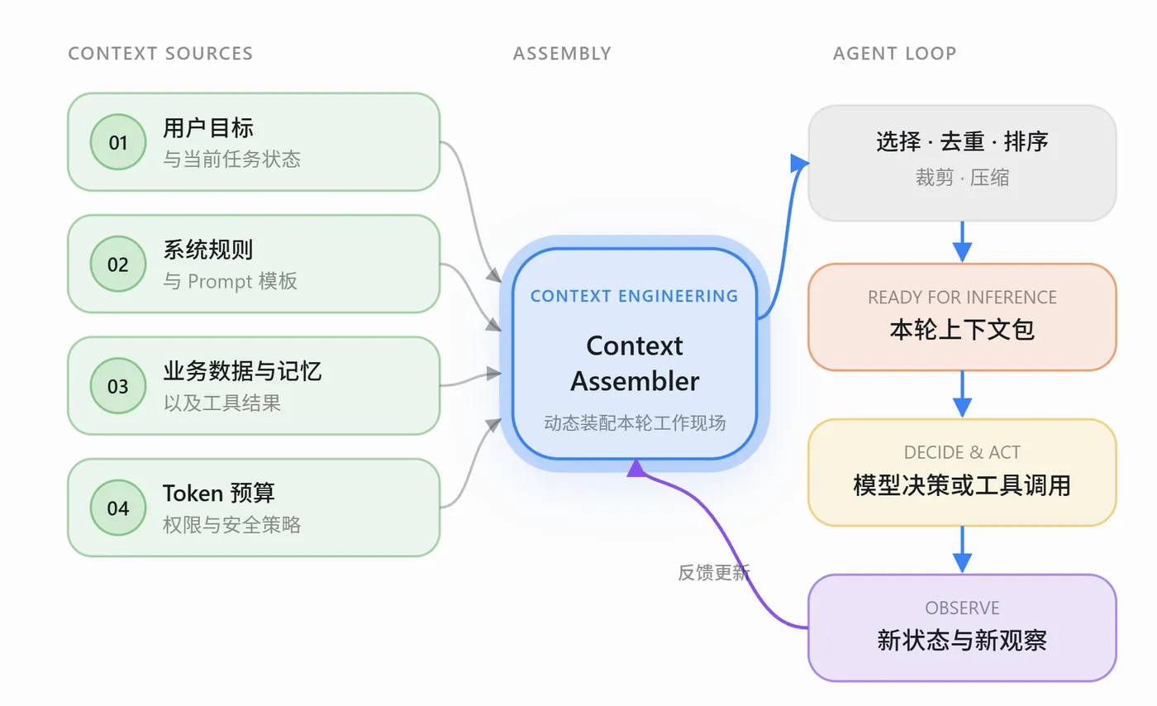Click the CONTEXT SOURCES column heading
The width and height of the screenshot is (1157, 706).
tap(160, 53)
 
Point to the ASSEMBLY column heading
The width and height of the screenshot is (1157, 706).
tap(562, 53)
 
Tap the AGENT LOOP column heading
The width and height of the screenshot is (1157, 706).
tap(894, 53)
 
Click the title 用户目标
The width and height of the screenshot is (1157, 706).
tap(208, 127)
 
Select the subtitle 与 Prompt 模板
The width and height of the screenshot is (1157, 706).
tap(230, 281)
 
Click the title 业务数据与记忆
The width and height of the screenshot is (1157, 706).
tap(242, 371)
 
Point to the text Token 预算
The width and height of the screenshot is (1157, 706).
tap(218, 493)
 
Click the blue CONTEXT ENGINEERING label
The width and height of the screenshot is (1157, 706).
tap(635, 296)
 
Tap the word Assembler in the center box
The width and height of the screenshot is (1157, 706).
tap(635, 381)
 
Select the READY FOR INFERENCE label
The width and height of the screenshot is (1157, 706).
tap(962, 297)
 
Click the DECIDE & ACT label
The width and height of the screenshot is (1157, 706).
tap(962, 452)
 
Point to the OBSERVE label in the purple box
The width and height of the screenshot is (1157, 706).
tap(962, 608)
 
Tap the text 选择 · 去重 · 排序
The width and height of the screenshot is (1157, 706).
tap(962, 141)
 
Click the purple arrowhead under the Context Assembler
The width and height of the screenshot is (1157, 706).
tap(636, 468)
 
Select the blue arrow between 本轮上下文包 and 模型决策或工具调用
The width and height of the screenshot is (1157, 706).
tap(962, 394)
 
